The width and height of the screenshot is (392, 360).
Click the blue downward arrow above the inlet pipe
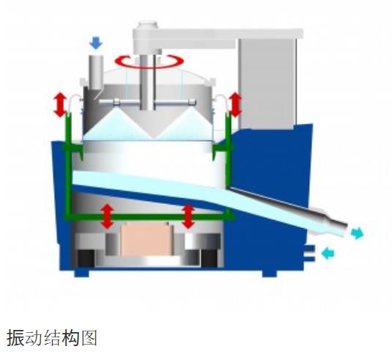96,43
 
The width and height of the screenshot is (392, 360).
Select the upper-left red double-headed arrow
60,105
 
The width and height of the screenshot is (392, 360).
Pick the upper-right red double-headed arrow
235,105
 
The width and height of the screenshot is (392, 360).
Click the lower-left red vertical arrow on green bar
107,216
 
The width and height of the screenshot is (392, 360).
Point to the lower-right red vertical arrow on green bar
188,216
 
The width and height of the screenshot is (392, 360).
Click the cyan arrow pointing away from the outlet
358,233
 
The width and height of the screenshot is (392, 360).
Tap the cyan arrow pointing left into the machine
328,254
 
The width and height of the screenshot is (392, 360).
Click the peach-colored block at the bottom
147,239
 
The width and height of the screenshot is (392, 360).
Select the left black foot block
86,258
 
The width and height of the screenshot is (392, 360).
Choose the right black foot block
210,258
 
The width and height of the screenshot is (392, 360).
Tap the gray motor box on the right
267,84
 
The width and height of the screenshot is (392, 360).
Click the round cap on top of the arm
148,24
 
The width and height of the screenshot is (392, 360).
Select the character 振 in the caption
15,338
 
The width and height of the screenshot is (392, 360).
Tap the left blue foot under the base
82,273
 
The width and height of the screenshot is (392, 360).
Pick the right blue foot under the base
270,273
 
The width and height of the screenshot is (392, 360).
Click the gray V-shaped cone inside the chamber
152,122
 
